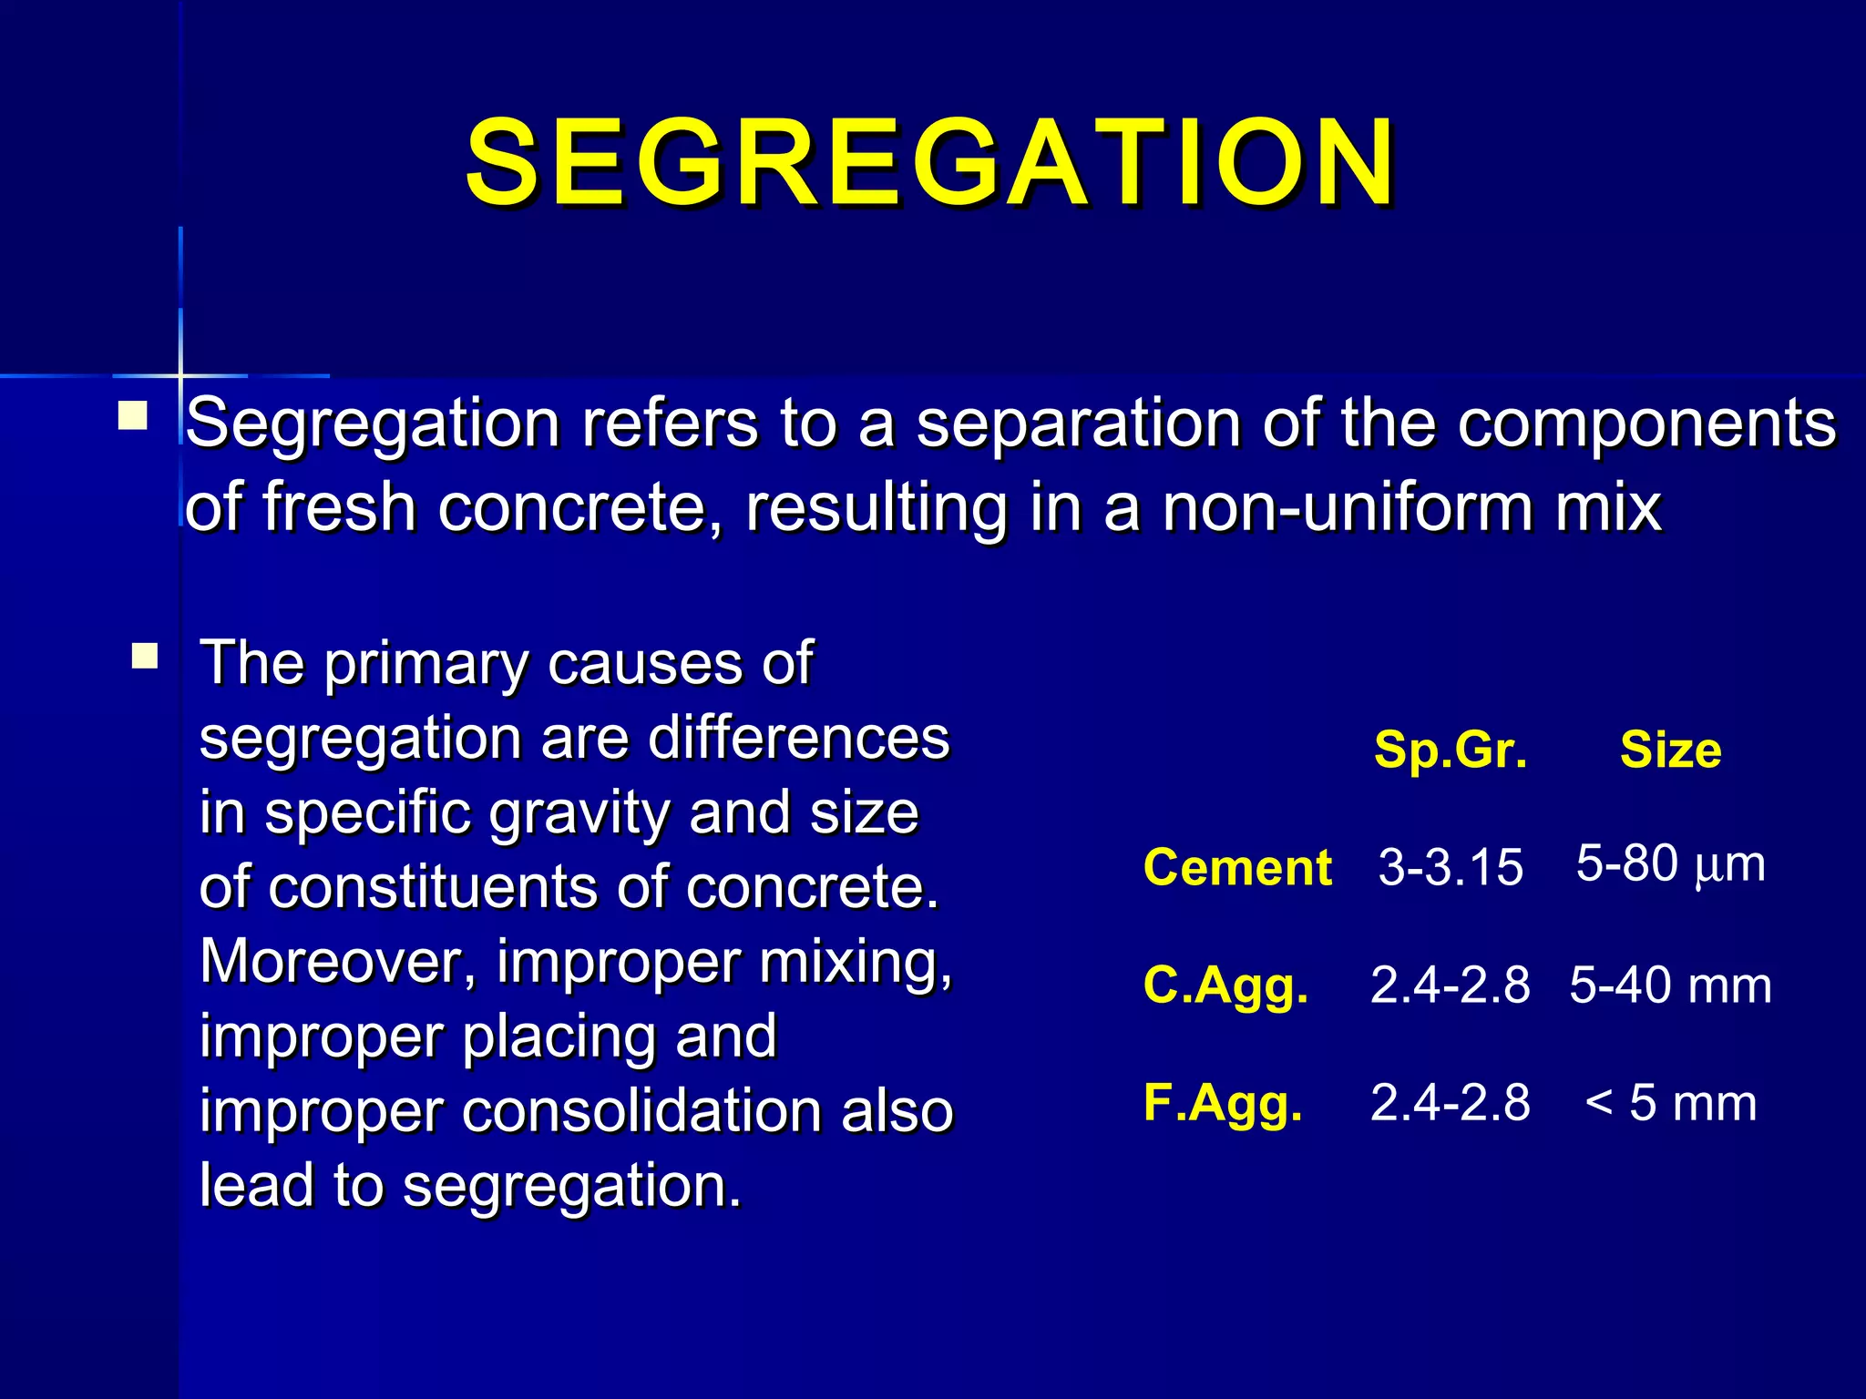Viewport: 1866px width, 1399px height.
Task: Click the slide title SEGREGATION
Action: [929, 164]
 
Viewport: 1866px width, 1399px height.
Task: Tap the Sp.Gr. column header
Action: [1451, 751]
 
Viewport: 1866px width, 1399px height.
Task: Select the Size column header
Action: [1670, 751]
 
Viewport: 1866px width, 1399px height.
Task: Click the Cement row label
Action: [1237, 867]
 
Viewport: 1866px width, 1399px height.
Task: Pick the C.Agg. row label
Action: [1225, 985]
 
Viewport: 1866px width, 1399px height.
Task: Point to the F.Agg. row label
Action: [1223, 1103]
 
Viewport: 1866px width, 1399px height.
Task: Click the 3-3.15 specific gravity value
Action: [1451, 867]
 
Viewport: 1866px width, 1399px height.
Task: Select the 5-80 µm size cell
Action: [1670, 863]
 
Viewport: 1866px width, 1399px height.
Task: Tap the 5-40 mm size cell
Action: [1670, 985]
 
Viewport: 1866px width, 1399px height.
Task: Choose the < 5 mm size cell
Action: [1670, 1103]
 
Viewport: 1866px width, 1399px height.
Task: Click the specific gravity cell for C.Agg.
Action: [1451, 985]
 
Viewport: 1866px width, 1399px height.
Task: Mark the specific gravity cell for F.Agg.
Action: [1451, 1103]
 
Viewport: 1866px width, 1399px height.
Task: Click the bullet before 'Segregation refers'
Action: [133, 417]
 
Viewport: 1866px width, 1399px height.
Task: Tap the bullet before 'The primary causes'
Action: [145, 656]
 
